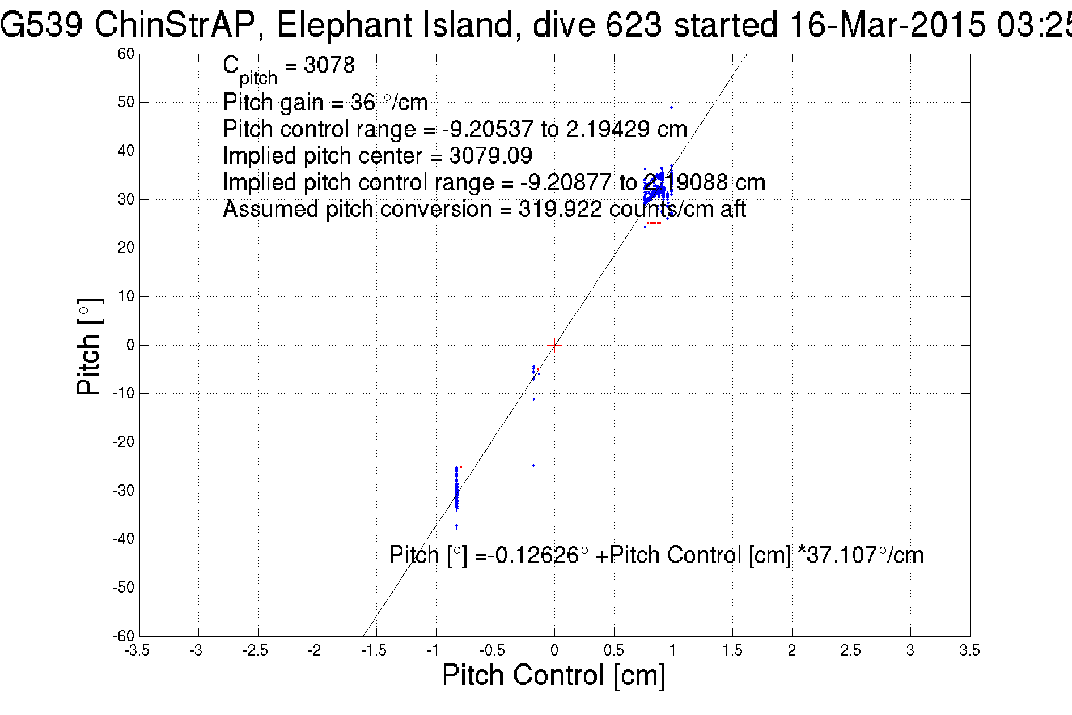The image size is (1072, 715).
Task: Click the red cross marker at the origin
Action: [554, 344]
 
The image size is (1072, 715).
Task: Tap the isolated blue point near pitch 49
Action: [672, 107]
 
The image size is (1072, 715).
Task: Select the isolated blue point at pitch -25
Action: [533, 465]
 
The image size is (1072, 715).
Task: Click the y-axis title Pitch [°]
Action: [90, 346]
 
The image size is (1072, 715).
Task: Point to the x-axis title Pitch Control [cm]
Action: [553, 675]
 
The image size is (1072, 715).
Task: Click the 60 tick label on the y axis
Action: [126, 54]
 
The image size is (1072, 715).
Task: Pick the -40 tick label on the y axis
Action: [124, 539]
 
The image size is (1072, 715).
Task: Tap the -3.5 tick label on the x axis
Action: [137, 650]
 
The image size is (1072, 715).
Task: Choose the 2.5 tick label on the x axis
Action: [850, 650]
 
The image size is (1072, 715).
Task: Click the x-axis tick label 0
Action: [554, 650]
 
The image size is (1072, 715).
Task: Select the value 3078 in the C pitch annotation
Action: [329, 65]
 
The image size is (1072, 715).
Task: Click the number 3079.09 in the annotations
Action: [490, 155]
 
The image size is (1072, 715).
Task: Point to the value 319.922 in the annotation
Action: [560, 209]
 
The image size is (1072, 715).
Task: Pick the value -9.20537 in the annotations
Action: [488, 129]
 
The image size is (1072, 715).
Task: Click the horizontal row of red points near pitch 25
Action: [654, 223]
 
